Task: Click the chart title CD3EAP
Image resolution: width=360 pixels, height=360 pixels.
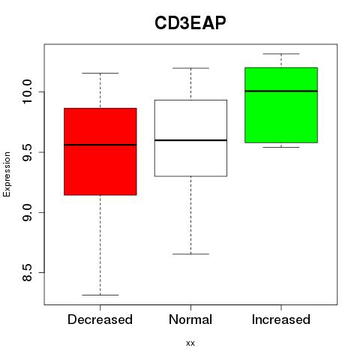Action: (x=190, y=23)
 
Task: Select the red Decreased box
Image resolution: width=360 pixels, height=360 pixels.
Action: (x=100, y=151)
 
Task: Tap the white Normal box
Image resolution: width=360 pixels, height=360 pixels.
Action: (x=190, y=138)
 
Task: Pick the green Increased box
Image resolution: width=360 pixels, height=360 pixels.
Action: (x=281, y=105)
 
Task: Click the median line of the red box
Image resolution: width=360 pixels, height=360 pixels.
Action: (x=100, y=145)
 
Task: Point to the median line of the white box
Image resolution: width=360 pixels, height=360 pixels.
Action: (x=190, y=140)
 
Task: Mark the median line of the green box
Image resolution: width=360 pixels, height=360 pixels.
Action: (x=281, y=91)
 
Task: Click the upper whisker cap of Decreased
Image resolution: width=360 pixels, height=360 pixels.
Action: (x=100, y=73)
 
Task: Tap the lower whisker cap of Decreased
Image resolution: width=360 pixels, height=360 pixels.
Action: (x=100, y=295)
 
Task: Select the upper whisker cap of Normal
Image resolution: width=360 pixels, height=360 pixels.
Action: (x=190, y=68)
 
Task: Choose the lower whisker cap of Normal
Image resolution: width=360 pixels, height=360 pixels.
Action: (x=190, y=254)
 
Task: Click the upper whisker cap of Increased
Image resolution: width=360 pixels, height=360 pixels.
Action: (x=281, y=54)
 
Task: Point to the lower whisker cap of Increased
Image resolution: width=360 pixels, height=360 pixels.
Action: (x=281, y=147)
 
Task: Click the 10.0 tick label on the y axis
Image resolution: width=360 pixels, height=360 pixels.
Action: (x=27, y=91)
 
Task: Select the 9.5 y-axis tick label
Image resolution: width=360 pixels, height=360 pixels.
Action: (x=27, y=152)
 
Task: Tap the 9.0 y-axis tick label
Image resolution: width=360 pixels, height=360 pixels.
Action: (x=27, y=212)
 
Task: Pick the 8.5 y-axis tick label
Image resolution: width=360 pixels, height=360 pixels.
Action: (x=27, y=273)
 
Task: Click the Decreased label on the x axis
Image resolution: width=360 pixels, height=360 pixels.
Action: (x=100, y=319)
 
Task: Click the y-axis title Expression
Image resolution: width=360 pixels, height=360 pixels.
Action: (x=7, y=174)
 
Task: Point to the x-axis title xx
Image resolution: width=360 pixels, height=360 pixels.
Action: (x=190, y=343)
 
